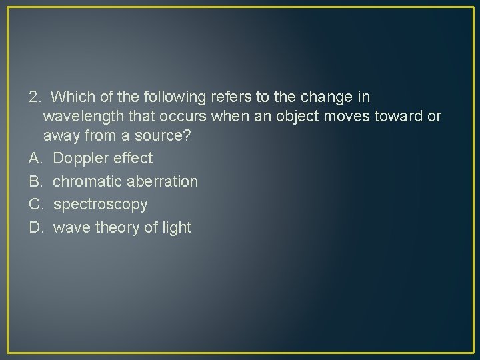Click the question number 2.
(34, 97)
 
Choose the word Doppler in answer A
(81, 159)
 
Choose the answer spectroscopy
(100, 204)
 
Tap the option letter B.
(35, 181)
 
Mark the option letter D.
(36, 227)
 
